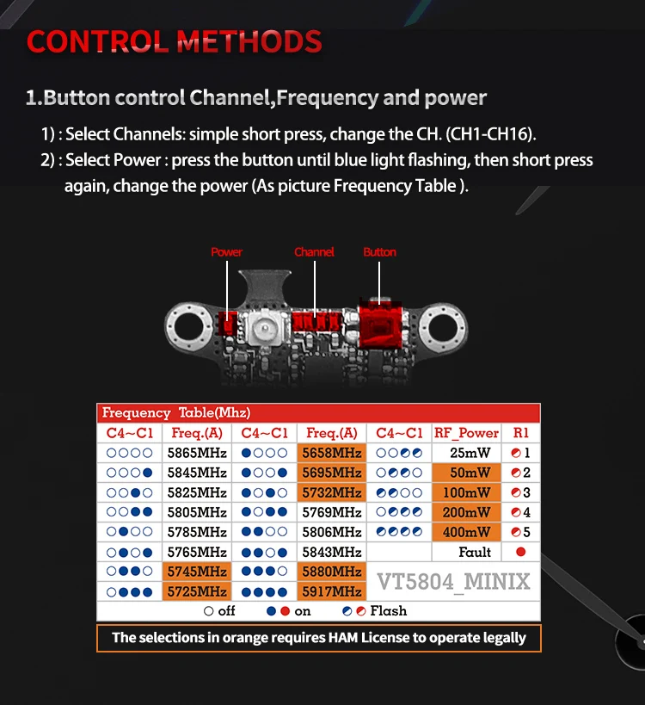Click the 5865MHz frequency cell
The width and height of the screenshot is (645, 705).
pos(197,453)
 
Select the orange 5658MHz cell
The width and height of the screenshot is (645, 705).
pos(331,453)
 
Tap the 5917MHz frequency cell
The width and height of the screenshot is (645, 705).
pos(331,591)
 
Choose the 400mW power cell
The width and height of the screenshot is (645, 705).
pos(466,532)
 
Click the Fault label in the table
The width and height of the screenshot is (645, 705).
pos(475,552)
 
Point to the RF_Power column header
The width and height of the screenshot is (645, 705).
pos(466,432)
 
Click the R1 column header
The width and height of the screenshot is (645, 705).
pos(520,432)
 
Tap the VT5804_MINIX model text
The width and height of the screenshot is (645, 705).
pos(453,582)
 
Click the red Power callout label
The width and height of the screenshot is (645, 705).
pos(226,251)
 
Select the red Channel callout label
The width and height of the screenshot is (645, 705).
pos(314,251)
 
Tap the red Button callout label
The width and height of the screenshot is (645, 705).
pos(379,251)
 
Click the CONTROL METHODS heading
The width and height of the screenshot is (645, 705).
pos(175,42)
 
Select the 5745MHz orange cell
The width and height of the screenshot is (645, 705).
pos(197,572)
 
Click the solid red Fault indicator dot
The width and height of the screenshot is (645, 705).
pos(520,552)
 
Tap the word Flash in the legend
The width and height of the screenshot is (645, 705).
pos(389,610)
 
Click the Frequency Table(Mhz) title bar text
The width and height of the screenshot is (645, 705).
pos(176,412)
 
